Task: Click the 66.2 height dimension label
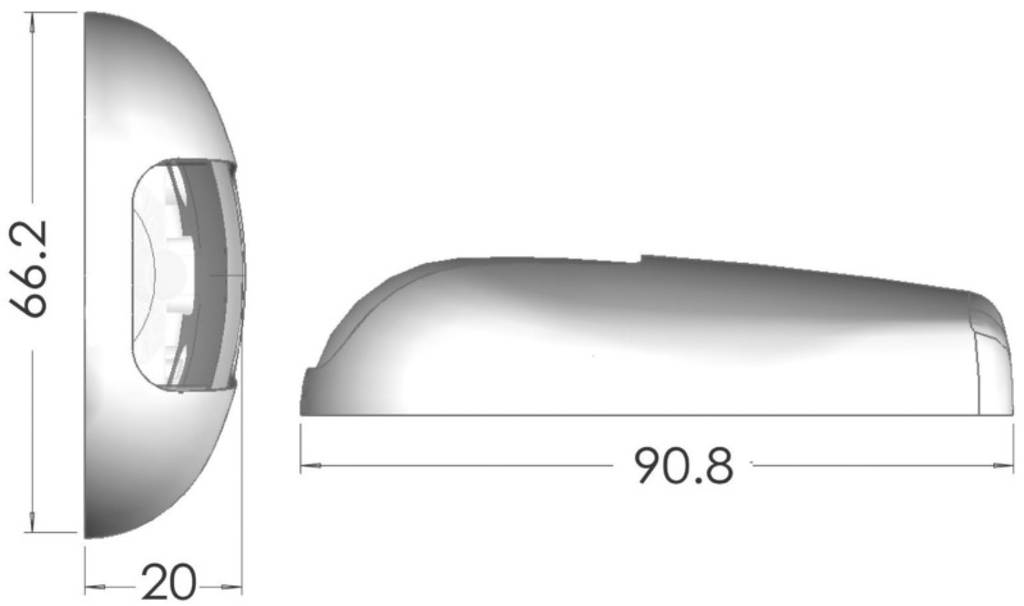[x=28, y=269]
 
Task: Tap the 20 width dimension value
[x=169, y=582]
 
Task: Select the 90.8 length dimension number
[x=683, y=465]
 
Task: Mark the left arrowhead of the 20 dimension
[x=95, y=587]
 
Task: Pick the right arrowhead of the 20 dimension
[x=231, y=587]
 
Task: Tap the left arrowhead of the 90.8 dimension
[x=311, y=465]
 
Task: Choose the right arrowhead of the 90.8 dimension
[x=1004, y=465]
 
